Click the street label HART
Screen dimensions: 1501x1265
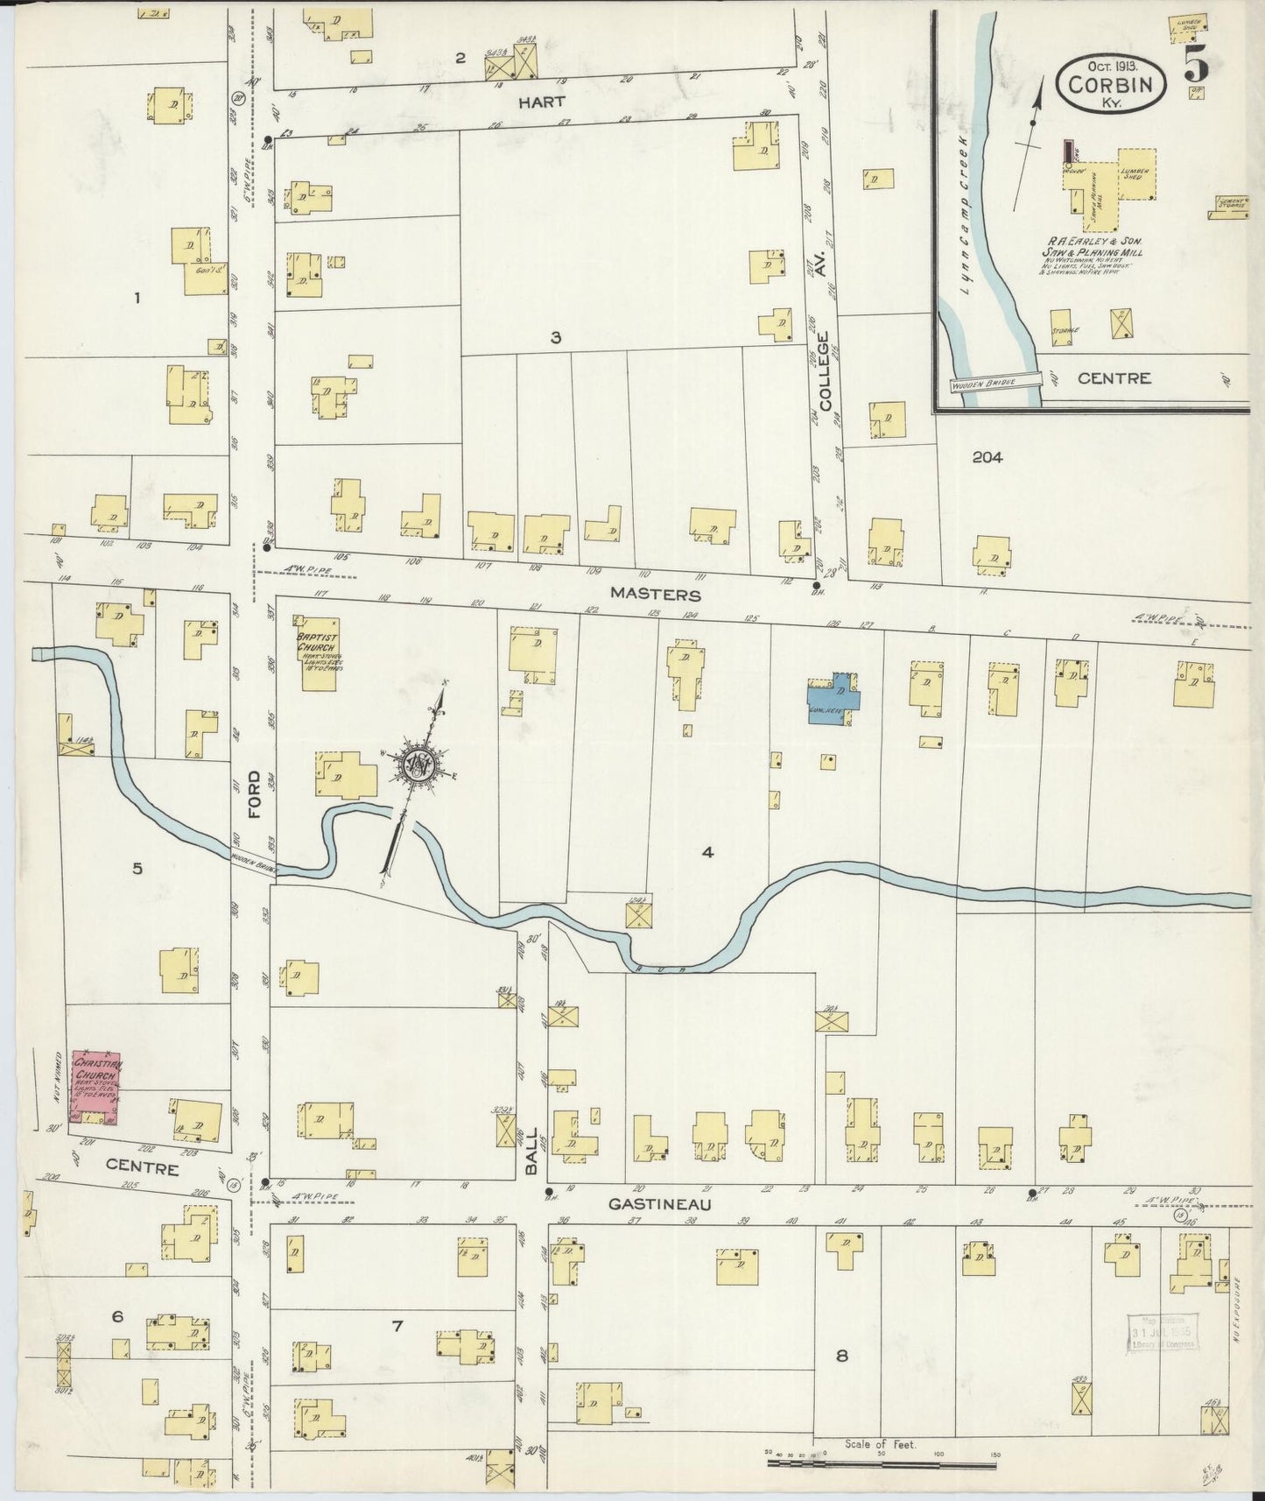540,102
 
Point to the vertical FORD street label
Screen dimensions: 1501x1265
255,794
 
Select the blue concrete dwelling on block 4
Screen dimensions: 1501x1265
833,696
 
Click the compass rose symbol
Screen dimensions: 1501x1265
418,765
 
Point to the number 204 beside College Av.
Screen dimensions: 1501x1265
987,456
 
